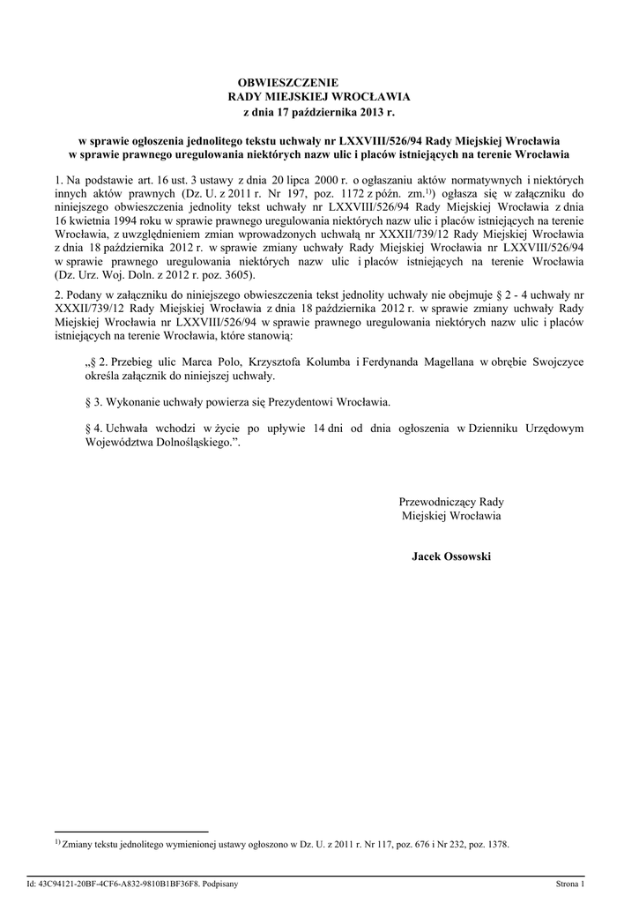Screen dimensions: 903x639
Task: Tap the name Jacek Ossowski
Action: tap(451, 556)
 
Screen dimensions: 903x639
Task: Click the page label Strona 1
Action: tap(569, 883)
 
